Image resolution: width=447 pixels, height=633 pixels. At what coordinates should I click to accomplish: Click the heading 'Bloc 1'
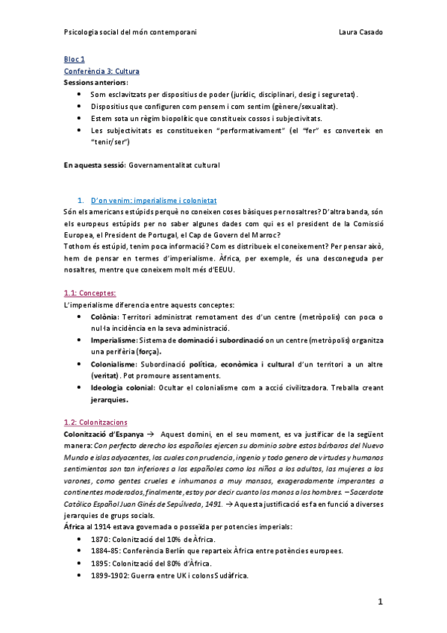(74, 58)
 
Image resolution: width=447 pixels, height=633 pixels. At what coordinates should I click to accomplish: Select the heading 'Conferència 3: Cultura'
(101, 71)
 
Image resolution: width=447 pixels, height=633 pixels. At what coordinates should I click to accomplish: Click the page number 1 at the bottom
(379, 601)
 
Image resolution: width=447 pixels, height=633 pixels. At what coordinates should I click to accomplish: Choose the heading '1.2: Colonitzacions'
(96, 422)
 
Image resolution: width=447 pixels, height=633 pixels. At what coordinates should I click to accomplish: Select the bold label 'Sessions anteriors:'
(96, 82)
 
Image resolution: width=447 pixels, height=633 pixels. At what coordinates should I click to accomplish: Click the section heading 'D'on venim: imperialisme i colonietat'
(153, 201)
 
